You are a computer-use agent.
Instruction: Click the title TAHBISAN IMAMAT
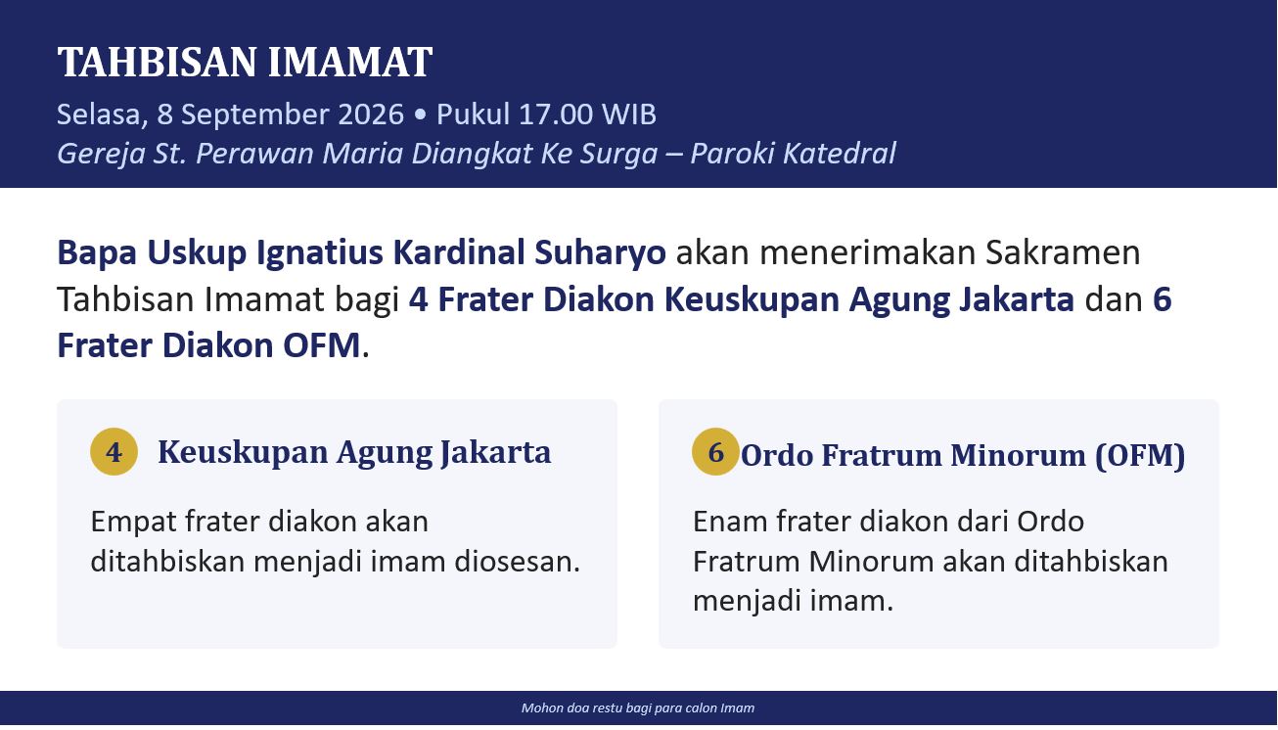[245, 62]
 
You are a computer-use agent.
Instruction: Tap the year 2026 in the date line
[371, 114]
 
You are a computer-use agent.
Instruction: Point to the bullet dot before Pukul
[421, 114]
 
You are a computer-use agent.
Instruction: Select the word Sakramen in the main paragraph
[1063, 252]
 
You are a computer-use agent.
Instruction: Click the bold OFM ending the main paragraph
[322, 345]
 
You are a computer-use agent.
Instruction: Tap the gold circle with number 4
[114, 452]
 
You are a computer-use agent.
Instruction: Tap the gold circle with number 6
[716, 452]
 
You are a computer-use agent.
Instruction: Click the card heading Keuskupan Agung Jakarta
[354, 453]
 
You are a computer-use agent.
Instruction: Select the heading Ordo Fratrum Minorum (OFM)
[963, 456]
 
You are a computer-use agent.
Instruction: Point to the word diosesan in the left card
[518, 562]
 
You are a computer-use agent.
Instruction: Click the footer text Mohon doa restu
[571, 708]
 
